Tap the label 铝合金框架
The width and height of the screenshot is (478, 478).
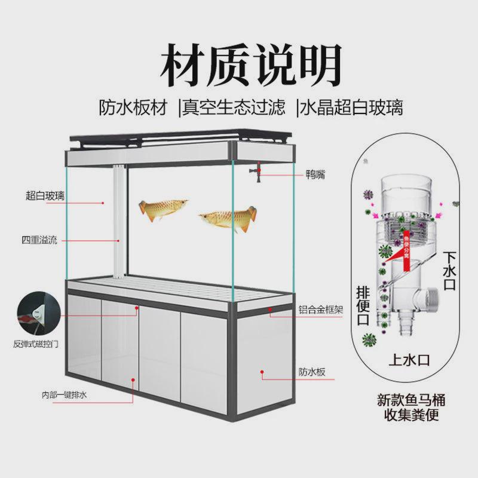[320, 311]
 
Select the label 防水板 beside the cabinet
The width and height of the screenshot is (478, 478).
[312, 372]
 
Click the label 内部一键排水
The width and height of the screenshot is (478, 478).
[65, 396]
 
